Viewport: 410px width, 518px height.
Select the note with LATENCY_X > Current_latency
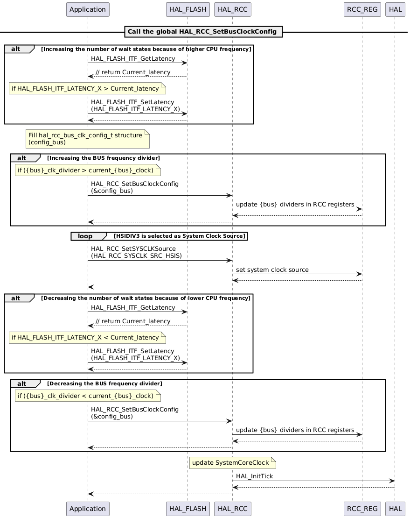pyautogui.click(x=87, y=89)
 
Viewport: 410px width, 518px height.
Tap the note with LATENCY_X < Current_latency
pyautogui.click(x=87, y=338)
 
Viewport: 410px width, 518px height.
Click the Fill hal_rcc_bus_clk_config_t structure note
pyautogui.click(x=87, y=139)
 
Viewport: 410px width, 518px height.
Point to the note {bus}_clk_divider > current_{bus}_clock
pyautogui.click(x=87, y=170)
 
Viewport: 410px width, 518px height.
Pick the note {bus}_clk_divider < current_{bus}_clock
pyautogui.click(x=87, y=396)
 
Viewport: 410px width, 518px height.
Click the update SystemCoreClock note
pyautogui.click(x=232, y=463)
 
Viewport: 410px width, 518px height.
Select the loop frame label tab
pyautogui.click(x=86, y=236)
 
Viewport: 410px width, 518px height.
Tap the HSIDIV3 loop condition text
pyautogui.click(x=180, y=236)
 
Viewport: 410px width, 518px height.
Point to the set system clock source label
pyautogui.click(x=272, y=270)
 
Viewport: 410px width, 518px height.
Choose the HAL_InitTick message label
pyautogui.click(x=254, y=476)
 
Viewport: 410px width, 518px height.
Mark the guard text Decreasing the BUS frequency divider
pyautogui.click(x=104, y=383)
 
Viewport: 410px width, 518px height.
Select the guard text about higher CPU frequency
pyautogui.click(x=146, y=50)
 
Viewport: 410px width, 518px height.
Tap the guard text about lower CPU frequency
pyautogui.click(x=146, y=298)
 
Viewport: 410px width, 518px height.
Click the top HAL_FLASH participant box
pyautogui.click(x=187, y=9)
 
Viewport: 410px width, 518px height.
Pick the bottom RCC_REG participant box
pyautogui.click(x=362, y=509)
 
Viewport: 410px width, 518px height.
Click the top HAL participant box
pyautogui.click(x=395, y=9)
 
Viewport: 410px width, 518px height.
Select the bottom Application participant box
pyautogui.click(x=88, y=509)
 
